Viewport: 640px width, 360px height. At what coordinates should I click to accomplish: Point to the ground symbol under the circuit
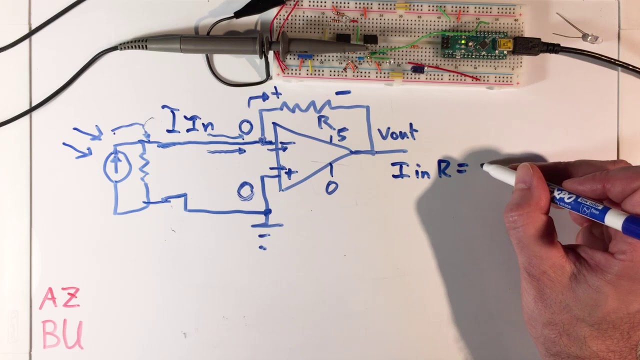point(265,230)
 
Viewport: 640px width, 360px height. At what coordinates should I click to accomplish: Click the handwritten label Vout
point(397,133)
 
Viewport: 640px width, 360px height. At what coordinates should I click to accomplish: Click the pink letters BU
point(62,333)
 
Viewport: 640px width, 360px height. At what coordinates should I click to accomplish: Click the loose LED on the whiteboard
point(592,37)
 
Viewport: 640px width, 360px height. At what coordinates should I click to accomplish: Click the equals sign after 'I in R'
point(460,170)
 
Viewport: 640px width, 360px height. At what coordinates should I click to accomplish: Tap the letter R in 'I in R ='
point(444,169)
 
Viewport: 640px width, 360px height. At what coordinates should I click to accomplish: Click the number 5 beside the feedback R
point(342,135)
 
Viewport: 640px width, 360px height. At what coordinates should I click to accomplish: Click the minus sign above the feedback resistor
point(343,92)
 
